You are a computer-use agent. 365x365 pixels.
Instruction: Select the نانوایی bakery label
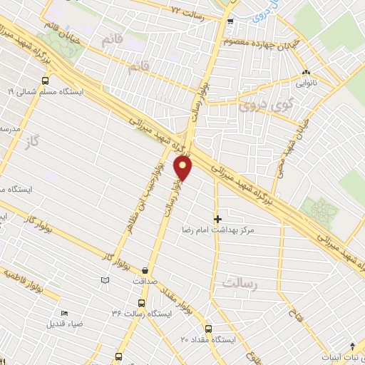[x=306, y=83]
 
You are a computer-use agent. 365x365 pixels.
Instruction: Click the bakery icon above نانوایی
[x=306, y=72]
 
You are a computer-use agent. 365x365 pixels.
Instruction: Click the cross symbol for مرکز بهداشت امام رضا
[x=217, y=218]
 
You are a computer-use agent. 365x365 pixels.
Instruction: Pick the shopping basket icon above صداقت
[x=145, y=271]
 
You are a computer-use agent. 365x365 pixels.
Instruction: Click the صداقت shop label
[x=145, y=281]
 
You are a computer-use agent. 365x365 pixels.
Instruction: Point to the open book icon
[x=106, y=282]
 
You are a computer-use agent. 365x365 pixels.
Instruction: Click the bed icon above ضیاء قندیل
[x=65, y=313]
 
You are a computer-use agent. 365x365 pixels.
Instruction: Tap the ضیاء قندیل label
[x=65, y=323]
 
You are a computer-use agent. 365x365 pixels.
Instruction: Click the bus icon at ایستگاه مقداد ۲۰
[x=208, y=329]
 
